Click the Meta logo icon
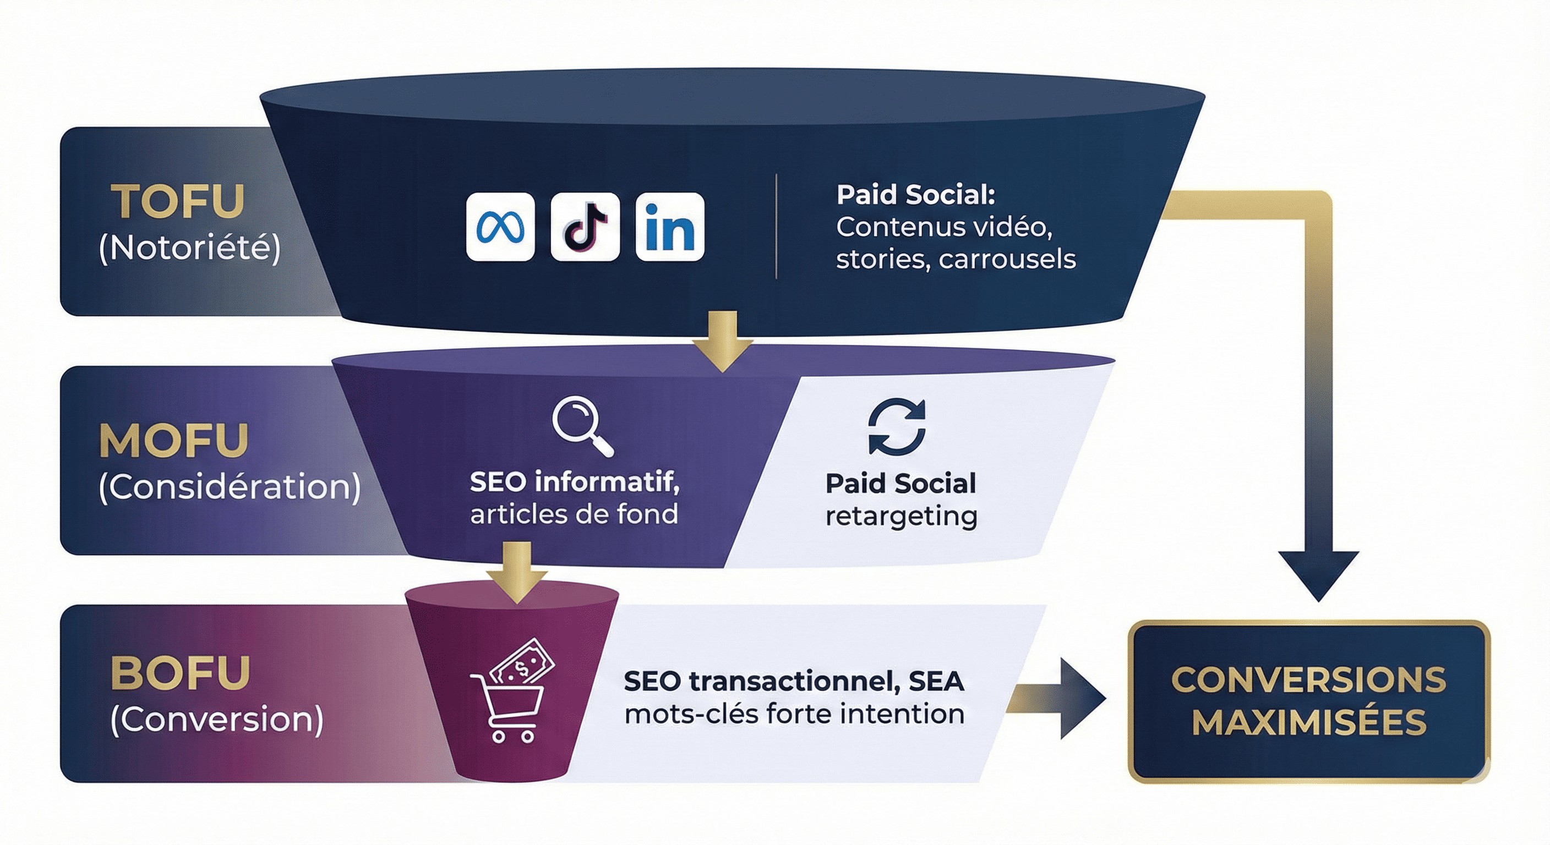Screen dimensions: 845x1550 (500, 227)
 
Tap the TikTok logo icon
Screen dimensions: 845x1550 (585, 227)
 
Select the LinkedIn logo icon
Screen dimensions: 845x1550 (670, 227)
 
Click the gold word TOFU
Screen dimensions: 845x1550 (178, 201)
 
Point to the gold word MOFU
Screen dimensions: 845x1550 (173, 441)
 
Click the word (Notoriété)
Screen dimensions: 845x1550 (189, 247)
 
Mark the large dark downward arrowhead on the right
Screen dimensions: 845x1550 (1318, 574)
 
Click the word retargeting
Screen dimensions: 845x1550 (900, 516)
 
